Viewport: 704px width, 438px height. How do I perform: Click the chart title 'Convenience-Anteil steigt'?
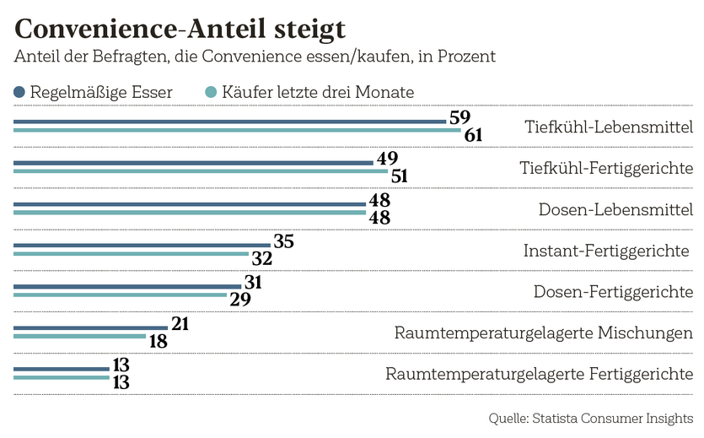click(x=180, y=29)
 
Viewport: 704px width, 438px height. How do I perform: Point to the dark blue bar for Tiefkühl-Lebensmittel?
click(x=229, y=122)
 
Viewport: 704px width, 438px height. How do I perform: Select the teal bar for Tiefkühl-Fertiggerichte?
click(x=200, y=171)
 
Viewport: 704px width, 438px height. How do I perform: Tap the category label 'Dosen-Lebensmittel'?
click(x=615, y=209)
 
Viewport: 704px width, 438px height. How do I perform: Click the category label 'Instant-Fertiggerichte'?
click(x=608, y=251)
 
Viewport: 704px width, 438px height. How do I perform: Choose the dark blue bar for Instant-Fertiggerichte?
click(x=142, y=246)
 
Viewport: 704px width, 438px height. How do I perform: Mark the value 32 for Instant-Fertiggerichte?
click(x=261, y=258)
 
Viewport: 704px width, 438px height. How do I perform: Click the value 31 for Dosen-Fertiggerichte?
click(x=253, y=283)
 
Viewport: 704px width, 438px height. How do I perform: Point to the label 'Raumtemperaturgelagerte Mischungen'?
click(x=544, y=333)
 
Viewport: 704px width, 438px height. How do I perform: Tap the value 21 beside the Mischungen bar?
click(x=181, y=324)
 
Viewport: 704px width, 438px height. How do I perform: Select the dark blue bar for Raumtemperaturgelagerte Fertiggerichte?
click(x=62, y=369)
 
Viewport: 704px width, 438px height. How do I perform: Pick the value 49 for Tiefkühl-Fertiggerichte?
click(x=387, y=159)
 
